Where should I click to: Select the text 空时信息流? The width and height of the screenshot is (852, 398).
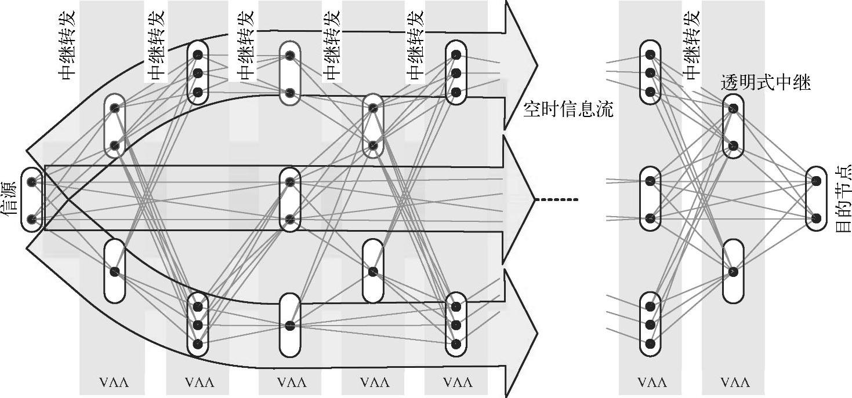[567, 109]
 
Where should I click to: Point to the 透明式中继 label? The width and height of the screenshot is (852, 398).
[765, 82]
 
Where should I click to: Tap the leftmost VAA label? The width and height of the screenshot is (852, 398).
[112, 383]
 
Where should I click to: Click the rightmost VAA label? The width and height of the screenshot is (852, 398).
[735, 383]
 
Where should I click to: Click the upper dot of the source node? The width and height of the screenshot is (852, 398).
[32, 182]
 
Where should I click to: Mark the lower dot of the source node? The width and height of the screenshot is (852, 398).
[32, 219]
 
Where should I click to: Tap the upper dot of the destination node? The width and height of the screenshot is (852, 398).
[816, 181]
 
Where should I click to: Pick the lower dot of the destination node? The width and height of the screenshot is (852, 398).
[816, 218]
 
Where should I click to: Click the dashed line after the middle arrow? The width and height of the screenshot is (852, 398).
[557, 200]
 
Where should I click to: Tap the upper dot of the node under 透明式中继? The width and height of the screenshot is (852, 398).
[733, 108]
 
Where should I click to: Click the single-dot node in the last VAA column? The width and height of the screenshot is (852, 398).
[733, 271]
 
